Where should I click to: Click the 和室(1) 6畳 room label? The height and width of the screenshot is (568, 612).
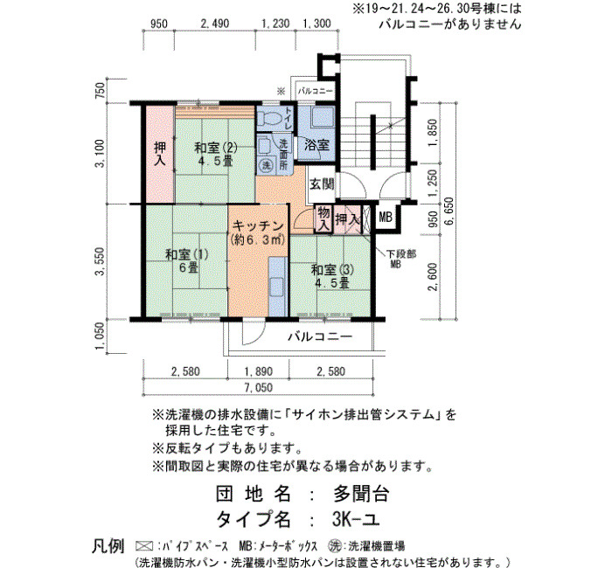[187, 261]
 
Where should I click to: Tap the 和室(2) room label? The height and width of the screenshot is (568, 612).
[216, 154]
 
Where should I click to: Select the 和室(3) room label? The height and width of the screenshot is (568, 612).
[332, 276]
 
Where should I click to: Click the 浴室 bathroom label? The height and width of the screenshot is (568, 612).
[316, 146]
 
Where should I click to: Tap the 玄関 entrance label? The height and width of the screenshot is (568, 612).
[322, 184]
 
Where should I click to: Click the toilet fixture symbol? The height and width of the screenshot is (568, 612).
[269, 116]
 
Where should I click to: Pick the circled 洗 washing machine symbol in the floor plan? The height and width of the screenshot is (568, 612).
[267, 165]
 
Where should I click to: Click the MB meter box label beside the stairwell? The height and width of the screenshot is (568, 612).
[386, 217]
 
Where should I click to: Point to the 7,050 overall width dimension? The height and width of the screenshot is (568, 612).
[259, 388]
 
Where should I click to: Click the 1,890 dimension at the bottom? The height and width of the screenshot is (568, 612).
[259, 371]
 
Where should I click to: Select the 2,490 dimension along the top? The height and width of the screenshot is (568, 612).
[215, 24]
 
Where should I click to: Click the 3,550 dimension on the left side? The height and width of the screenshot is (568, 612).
[101, 261]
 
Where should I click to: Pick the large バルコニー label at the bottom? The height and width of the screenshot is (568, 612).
[320, 336]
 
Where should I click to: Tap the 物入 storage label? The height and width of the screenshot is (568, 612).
[324, 219]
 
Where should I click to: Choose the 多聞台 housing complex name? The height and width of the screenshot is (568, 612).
[361, 494]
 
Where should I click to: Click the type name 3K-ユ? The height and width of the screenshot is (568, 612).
[356, 519]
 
